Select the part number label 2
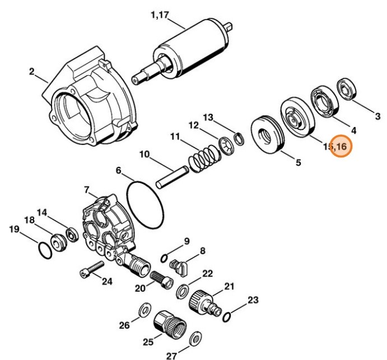coord(32,71)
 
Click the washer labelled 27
coord(196,338)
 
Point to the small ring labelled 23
coord(227,317)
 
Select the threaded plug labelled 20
coord(161,278)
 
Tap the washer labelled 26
coord(144,309)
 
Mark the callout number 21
coord(229,287)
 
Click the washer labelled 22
coord(183,291)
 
